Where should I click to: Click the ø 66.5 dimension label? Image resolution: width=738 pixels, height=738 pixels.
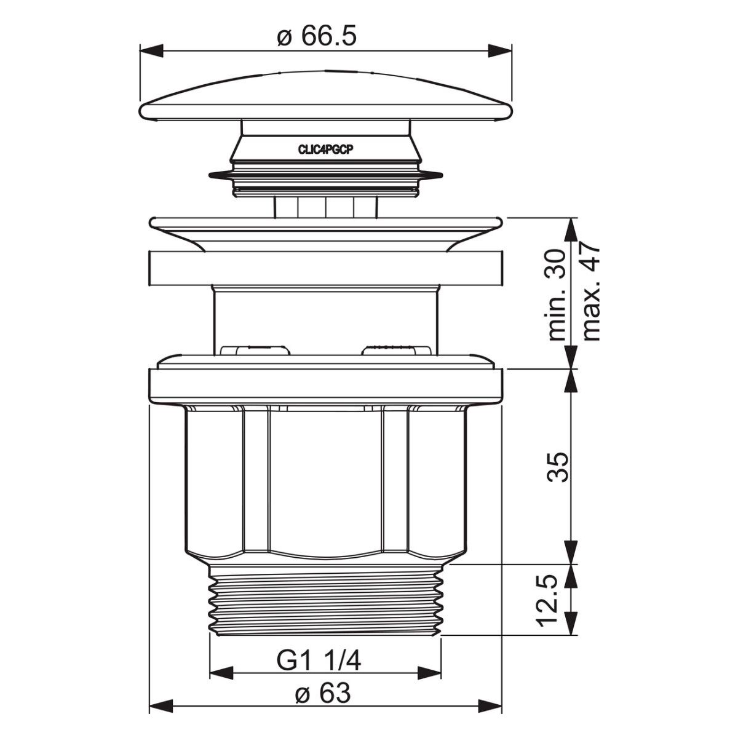(317, 37)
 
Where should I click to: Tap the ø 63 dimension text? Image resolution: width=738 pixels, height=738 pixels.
(323, 683)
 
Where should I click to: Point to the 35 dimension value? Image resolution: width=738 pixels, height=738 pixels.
(558, 467)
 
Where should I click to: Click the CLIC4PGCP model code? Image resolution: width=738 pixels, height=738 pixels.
(325, 150)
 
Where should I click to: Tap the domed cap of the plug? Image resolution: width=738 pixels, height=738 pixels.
(325, 96)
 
